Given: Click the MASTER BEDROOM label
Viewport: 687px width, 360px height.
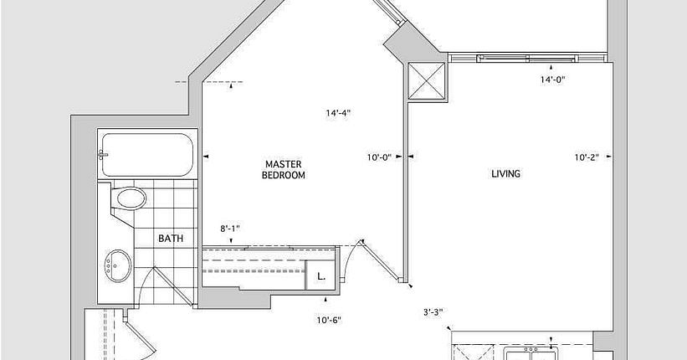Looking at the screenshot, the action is tap(284, 170).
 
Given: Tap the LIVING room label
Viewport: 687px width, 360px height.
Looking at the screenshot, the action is tap(506, 173).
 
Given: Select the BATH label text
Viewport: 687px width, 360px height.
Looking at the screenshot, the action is tap(171, 239).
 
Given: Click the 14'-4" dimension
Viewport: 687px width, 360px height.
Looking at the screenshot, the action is tap(338, 113).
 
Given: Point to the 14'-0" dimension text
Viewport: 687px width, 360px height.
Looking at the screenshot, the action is tap(552, 80).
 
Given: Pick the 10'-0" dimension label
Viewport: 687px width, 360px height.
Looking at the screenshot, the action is tap(379, 157).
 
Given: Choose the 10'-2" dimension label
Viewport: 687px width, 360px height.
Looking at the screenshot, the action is tap(587, 157).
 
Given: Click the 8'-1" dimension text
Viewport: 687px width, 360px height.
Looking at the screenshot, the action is tap(230, 229).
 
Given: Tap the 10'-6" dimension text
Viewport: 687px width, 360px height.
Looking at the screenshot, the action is tap(329, 321).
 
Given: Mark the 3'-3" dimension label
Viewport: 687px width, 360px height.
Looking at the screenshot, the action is tap(433, 312).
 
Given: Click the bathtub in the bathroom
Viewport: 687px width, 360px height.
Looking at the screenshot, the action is tap(147, 154).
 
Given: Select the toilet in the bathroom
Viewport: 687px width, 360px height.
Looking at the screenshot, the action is tap(128, 198).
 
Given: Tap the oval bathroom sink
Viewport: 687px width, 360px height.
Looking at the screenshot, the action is tap(118, 265).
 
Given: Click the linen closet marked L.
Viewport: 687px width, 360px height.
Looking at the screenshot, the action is tap(320, 275).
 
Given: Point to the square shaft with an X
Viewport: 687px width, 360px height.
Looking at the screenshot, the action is tap(426, 81).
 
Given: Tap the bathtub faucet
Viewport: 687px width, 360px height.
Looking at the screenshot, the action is tap(103, 155).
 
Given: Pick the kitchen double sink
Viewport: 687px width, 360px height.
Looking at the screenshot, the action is tap(531, 353).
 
